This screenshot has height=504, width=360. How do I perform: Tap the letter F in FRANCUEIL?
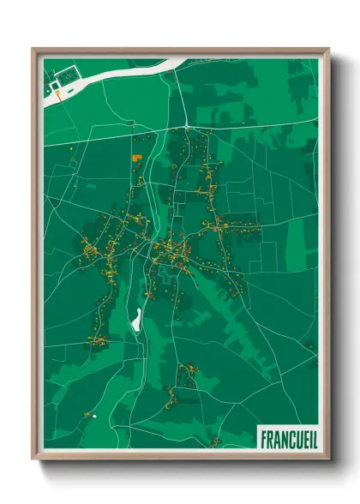tap(263, 437)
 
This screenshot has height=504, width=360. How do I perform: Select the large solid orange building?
tap(136, 158)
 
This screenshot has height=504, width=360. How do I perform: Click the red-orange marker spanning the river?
tap(57, 96)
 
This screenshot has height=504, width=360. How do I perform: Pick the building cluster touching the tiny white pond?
tap(87, 415)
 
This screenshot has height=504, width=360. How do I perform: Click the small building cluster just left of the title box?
tap(214, 441)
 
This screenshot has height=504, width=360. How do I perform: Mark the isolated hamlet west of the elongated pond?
tap(96, 340)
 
